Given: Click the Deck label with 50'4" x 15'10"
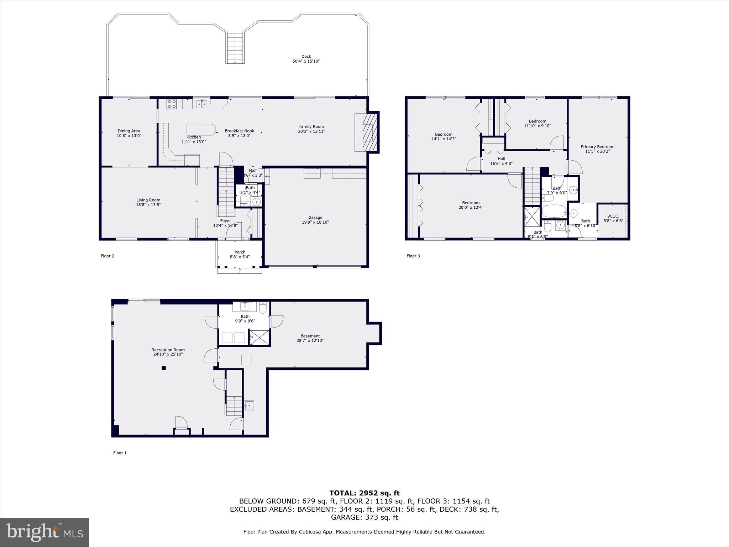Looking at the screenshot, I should click(306, 59).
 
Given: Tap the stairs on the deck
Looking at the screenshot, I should click(235, 48).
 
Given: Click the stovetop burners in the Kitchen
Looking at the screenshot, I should click(172, 104).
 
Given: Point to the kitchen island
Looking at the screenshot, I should click(201, 129).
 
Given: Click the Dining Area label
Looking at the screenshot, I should click(129, 133).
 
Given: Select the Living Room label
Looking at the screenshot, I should click(148, 202).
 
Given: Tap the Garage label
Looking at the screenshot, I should click(315, 220).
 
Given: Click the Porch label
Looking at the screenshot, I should click(240, 254).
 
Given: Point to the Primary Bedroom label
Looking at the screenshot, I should click(597, 149).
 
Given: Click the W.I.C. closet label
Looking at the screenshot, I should click(613, 218).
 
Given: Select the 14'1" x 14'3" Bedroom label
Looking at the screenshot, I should click(444, 137).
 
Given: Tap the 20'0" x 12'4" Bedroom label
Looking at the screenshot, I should click(471, 205).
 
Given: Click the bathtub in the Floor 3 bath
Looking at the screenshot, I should click(554, 211).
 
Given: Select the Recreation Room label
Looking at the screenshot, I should click(168, 352).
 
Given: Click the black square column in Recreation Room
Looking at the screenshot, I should click(164, 368).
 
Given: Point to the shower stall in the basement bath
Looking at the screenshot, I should click(259, 337).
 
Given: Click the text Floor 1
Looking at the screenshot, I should click(120, 453).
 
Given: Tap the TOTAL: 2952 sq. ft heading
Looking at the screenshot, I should click(364, 493).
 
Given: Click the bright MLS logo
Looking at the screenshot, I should click(44, 532).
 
